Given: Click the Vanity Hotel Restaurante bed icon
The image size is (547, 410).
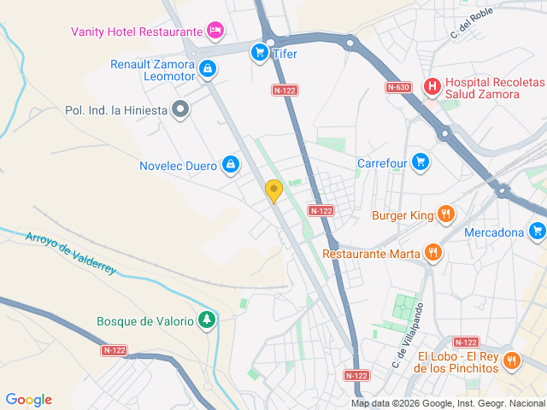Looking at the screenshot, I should pyautogui.click(x=215, y=32).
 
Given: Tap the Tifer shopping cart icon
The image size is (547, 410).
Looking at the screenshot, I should pyautogui.click(x=259, y=53).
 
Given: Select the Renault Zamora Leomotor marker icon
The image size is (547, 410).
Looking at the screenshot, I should pyautogui.click(x=208, y=68).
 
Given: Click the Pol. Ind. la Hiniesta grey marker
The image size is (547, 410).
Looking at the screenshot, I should pyautogui.click(x=180, y=108).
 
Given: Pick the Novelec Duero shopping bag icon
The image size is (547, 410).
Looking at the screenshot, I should pyautogui.click(x=230, y=163).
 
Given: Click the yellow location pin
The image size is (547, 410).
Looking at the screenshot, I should pyautogui.click(x=273, y=190).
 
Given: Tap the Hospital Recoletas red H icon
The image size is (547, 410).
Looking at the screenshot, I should pyautogui.click(x=432, y=85).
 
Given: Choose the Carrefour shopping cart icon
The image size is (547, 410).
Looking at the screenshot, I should pyautogui.click(x=419, y=161).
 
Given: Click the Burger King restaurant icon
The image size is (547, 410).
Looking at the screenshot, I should pyautogui.click(x=444, y=214).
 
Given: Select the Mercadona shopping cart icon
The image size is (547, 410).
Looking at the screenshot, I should pyautogui.click(x=537, y=231).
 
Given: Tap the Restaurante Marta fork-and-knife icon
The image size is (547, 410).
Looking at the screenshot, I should pyautogui.click(x=433, y=252).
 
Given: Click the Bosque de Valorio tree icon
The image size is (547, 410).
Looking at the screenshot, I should pyautogui.click(x=206, y=320).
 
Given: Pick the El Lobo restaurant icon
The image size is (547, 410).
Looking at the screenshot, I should pyautogui.click(x=511, y=360).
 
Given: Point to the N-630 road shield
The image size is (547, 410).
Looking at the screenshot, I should pyautogui.click(x=397, y=87).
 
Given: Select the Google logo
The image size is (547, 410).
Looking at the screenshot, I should pyautogui.click(x=28, y=400).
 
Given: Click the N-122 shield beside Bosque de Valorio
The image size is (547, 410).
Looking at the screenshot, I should pyautogui.click(x=114, y=350).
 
